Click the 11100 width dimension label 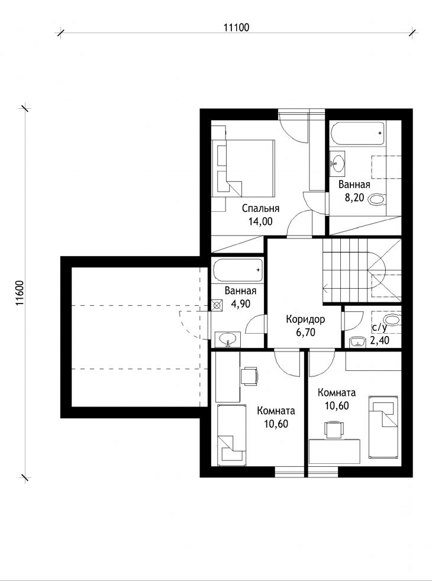coord(236,27)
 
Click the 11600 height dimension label coord(20,293)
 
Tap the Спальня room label coord(260,208)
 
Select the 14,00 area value coord(260,222)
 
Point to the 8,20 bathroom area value coord(354,198)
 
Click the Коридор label coord(305,319)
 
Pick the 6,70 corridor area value coord(306,333)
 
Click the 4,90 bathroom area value coord(240,304)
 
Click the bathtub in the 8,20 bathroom coord(358,133)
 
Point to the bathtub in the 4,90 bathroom coord(238,270)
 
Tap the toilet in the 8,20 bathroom coord(378,200)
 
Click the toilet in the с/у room coord(392,319)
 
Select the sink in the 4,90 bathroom coord(227,339)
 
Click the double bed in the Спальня coord(243,168)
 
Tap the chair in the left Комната coord(249,376)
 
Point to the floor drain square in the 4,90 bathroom coord(218,305)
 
